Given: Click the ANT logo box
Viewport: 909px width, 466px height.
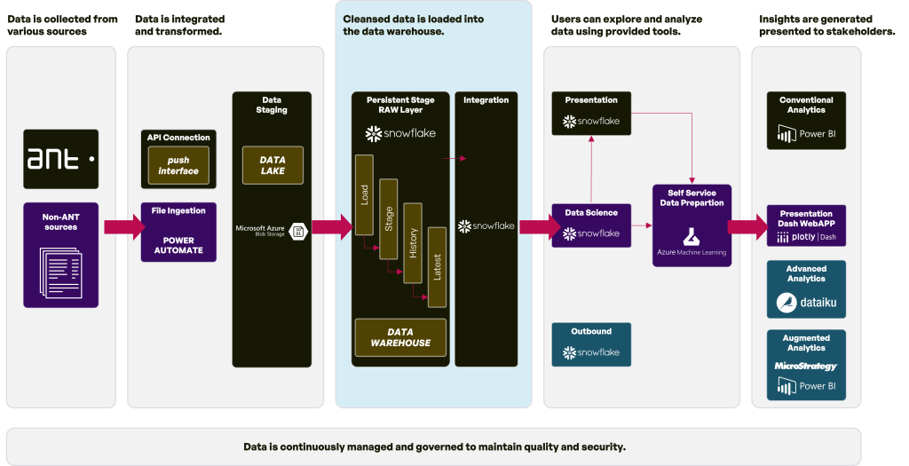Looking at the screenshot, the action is click(61, 159).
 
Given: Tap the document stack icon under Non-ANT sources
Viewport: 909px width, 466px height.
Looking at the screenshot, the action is click(61, 272).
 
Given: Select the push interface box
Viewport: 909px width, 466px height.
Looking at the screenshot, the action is click(178, 165).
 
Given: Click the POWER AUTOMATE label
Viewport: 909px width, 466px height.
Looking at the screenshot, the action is click(178, 245).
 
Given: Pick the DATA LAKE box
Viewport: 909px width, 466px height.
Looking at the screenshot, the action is click(273, 165).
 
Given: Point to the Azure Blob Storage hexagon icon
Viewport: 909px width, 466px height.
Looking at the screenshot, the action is click(298, 232).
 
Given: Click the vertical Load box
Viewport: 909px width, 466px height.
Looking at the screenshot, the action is click(364, 194).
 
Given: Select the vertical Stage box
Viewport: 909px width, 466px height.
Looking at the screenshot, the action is click(389, 219).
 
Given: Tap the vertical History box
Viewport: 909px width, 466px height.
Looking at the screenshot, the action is click(413, 243).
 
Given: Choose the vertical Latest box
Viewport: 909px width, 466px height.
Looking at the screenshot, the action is click(437, 267).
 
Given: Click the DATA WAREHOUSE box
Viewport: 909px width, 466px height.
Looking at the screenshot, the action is click(400, 337).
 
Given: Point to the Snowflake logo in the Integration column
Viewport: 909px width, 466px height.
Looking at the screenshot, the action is click(486, 226).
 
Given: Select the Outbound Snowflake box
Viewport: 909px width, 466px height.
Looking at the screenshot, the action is click(591, 344).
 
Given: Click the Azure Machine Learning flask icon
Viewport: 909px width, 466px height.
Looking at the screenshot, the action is click(691, 236).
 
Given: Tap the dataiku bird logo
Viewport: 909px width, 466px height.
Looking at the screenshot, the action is click(786, 303).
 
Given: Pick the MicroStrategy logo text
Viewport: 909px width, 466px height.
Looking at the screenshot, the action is click(806, 366).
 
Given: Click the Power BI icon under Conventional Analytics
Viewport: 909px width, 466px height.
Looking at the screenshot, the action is click(786, 134).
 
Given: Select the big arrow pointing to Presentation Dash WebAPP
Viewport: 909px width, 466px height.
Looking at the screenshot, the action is click(747, 226).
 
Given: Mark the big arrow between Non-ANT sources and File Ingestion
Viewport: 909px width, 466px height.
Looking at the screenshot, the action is click(124, 226).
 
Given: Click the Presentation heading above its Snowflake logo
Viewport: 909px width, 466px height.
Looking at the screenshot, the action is click(591, 99).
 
